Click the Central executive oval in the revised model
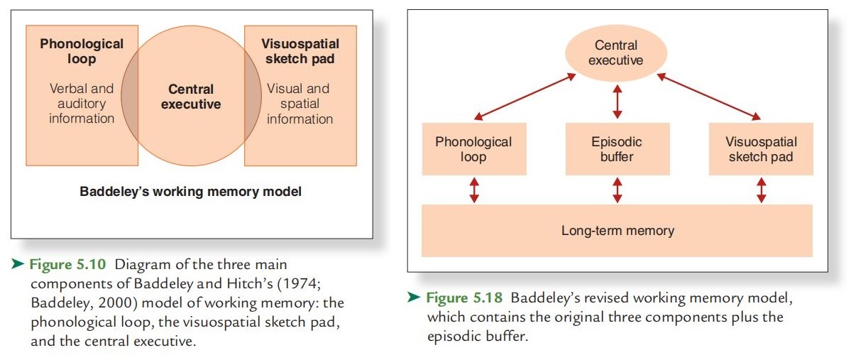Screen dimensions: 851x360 click(x=616, y=53)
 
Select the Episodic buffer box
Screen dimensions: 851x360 click(x=617, y=149)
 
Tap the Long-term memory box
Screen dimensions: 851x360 click(x=617, y=230)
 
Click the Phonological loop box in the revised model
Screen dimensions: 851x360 click(x=474, y=149)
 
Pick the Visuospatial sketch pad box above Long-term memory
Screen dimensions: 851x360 click(x=761, y=149)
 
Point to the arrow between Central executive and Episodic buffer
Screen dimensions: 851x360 click(x=617, y=100)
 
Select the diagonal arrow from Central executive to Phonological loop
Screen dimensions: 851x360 click(x=524, y=97)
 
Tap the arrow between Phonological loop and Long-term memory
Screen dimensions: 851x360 click(x=474, y=190)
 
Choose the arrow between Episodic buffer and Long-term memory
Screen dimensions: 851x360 click(x=617, y=190)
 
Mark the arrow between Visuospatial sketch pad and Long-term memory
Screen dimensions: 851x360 click(x=761, y=190)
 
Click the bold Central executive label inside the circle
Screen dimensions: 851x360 click(x=191, y=97)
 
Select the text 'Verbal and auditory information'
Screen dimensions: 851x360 click(x=82, y=103)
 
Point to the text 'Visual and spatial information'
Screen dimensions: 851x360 click(x=299, y=103)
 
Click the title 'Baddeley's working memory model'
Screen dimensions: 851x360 click(x=190, y=192)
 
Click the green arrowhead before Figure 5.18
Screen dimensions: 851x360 click(x=414, y=298)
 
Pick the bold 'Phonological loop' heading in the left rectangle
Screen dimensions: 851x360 click(x=82, y=51)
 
